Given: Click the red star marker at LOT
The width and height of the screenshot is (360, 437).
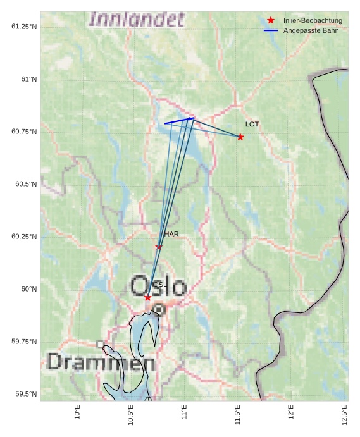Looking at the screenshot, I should point(240,137).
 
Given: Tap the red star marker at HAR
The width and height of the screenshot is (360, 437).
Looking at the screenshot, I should point(159,247).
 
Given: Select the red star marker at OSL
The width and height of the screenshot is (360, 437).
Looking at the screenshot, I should point(147,297).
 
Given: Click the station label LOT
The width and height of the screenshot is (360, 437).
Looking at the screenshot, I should point(252,125).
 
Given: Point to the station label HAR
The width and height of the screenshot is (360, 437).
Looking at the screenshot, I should point(171,234).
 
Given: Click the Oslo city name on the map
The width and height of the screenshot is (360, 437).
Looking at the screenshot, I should point(158,286).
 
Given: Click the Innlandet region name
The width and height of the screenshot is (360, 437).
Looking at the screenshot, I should point(137,19).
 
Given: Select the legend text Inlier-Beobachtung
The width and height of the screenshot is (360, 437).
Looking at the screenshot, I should point(313,21).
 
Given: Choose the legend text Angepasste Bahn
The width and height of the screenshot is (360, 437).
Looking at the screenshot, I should point(306,30).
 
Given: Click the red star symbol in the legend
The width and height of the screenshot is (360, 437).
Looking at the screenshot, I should point(271,20).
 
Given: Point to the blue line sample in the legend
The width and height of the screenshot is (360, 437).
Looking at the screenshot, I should point(271,30).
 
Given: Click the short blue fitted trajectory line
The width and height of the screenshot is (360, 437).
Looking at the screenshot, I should point(179,121).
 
